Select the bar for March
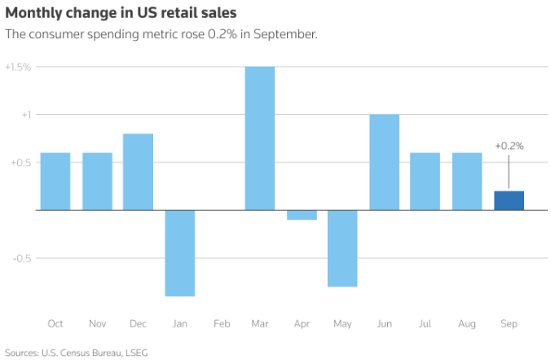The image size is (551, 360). pos(260,138)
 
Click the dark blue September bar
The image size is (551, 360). pos(509,200)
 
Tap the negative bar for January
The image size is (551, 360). pos(180,253)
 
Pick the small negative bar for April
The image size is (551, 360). pos(302,215)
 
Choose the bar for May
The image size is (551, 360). pos(342,248)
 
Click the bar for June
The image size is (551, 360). pos(385,162)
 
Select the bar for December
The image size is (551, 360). pos(138,172)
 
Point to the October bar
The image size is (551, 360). pos(55,182)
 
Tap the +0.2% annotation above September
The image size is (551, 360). pos(509,146)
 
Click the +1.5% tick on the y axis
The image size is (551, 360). pos(18,67)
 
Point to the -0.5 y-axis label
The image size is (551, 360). pos(22,258)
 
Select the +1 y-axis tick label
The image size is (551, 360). pos(26,115)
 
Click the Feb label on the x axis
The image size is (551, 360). pos(222,323)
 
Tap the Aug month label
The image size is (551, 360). pos(467,324)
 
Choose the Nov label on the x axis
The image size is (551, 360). pos(97,323)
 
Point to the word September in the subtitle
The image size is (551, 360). pos(285,34)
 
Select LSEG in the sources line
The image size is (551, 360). pos(137,353)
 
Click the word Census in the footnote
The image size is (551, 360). pos(76,353)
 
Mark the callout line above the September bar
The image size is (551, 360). pos(509,172)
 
